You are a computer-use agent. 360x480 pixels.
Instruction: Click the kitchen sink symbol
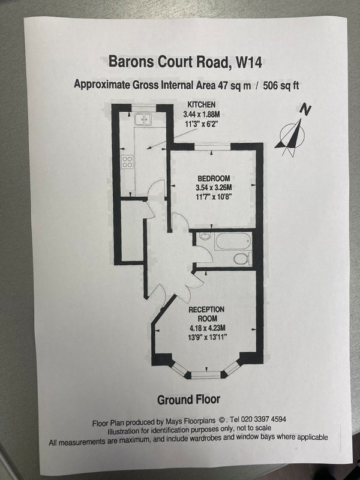tap(143, 119)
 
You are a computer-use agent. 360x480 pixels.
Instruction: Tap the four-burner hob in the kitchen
tap(127, 161)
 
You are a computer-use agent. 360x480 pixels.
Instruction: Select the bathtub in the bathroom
tap(233, 241)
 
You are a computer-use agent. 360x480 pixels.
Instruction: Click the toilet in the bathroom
tap(242, 259)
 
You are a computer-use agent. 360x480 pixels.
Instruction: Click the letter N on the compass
tap(305, 110)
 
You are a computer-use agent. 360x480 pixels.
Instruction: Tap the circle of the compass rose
tap(292, 134)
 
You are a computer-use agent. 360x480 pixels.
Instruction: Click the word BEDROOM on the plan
tap(214, 178)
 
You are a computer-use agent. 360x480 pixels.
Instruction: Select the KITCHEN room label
tap(201, 104)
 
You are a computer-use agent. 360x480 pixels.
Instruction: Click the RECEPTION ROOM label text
tap(206, 314)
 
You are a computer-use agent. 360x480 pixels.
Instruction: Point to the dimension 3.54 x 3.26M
tap(214, 187)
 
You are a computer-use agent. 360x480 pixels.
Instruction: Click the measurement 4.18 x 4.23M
tap(207, 328)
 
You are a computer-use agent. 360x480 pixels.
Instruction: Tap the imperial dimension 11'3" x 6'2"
tap(202, 124)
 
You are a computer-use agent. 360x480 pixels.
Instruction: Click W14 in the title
tap(249, 62)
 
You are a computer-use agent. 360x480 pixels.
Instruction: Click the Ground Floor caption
tap(188, 400)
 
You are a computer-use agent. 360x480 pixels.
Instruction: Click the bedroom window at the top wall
tap(212, 147)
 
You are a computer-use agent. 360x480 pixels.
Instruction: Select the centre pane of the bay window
tap(206, 374)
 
